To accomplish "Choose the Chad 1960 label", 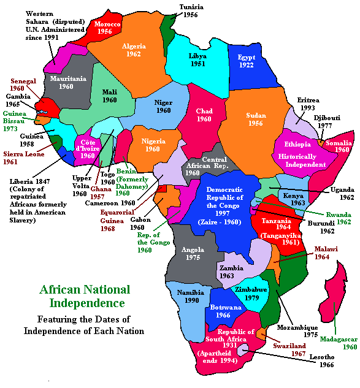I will click(x=204, y=115).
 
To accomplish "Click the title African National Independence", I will click(x=85, y=297).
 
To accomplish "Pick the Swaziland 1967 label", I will click(x=290, y=349).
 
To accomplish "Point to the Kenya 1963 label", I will click(x=294, y=199).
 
